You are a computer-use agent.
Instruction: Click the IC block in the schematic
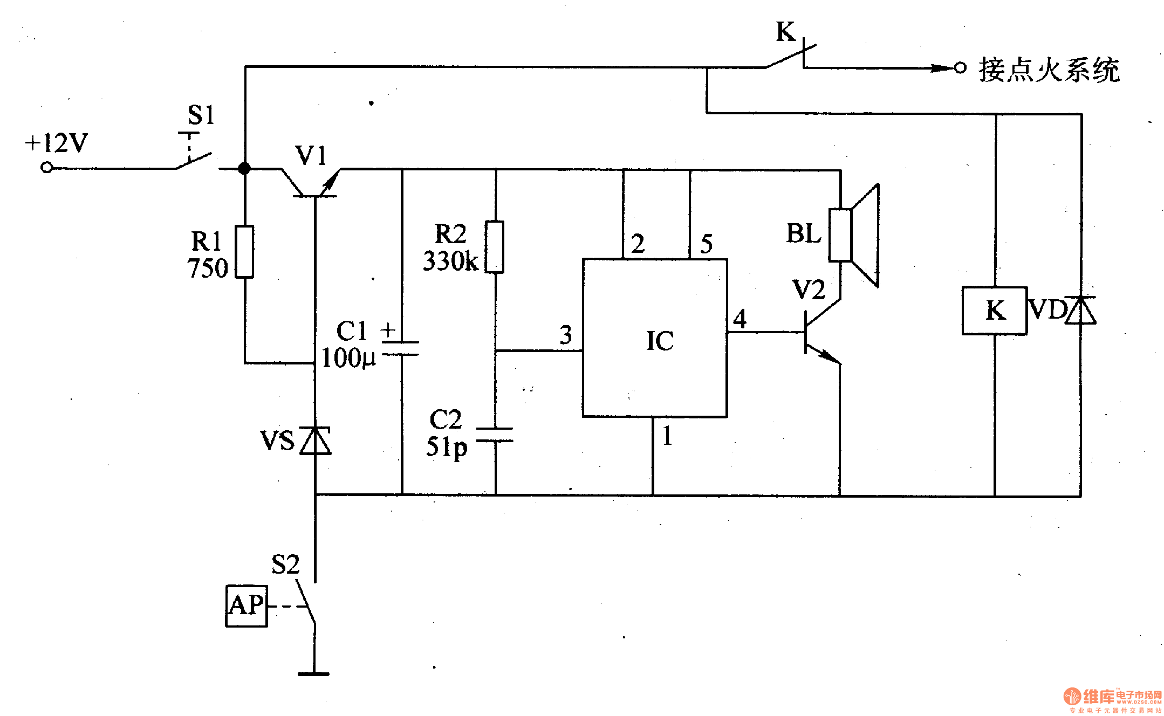[x=654, y=338]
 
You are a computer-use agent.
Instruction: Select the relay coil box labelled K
[x=994, y=311]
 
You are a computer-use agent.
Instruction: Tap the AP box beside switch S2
[x=247, y=606]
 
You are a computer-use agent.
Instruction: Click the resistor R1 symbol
[x=244, y=252]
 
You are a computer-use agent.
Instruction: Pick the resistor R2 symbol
[x=495, y=247]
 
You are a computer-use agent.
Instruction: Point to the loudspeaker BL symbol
[x=854, y=235]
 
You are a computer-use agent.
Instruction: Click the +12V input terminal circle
[x=47, y=168]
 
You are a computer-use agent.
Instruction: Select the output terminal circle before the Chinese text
[x=960, y=68]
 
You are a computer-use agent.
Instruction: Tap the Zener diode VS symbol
[x=316, y=440]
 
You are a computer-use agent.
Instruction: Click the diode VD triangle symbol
[x=1081, y=311]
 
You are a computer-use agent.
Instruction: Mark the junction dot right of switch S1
[x=244, y=168]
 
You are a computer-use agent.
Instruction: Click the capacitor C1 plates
[x=401, y=348]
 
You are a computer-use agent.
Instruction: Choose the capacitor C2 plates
[x=495, y=435]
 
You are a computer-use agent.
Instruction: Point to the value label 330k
[x=450, y=261]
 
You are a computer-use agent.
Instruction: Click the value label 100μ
[x=348, y=358]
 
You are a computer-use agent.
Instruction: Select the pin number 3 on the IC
[x=565, y=335]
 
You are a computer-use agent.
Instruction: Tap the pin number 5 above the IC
[x=706, y=244]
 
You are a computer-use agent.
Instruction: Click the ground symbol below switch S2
[x=314, y=673]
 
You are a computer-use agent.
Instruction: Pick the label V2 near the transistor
[x=809, y=290]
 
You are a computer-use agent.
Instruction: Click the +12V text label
[x=57, y=143]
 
